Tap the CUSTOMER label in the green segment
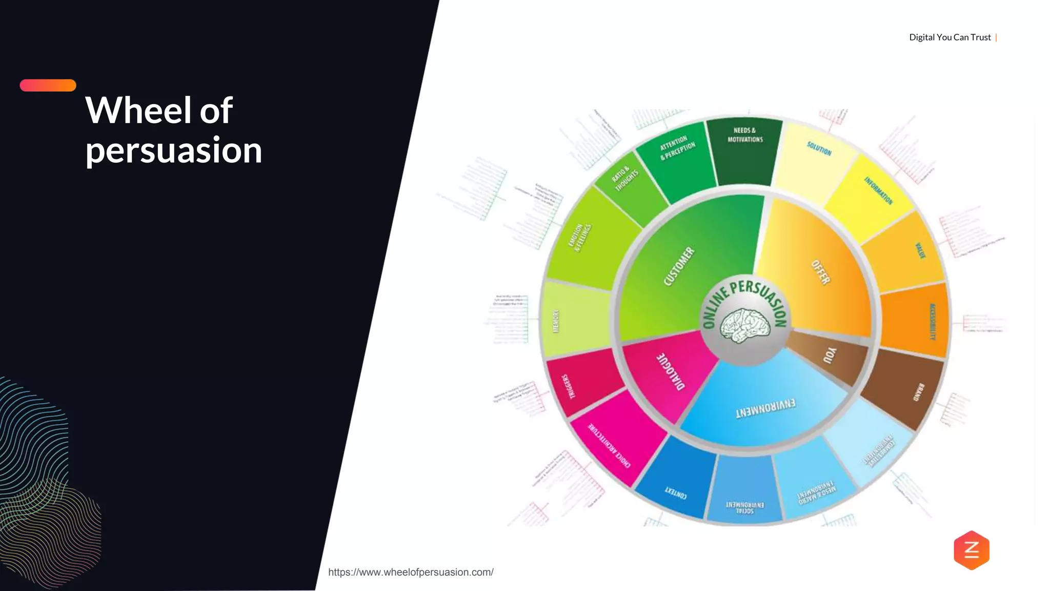(x=679, y=266)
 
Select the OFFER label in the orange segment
(x=821, y=272)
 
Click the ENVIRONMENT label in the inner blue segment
(x=765, y=408)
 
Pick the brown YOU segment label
(x=830, y=355)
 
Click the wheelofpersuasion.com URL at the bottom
(x=411, y=572)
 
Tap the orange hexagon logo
(x=972, y=550)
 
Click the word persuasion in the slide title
(x=174, y=150)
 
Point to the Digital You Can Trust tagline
(x=950, y=37)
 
